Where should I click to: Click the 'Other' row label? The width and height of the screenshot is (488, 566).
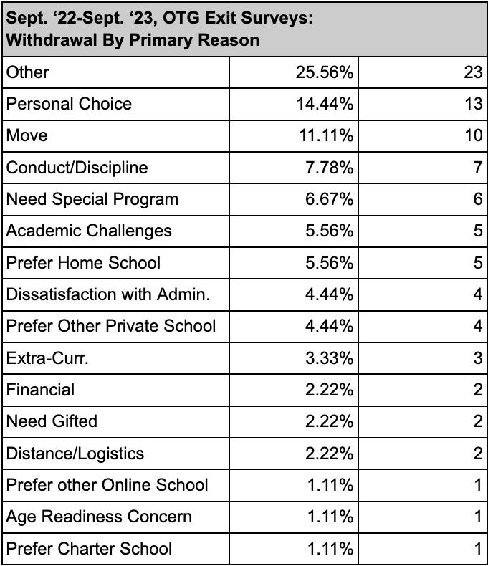28,72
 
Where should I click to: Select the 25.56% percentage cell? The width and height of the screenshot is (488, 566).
325,72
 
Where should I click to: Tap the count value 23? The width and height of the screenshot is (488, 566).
473,72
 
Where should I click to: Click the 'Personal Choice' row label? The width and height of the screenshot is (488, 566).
69,104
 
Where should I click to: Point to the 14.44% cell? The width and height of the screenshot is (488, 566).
325,104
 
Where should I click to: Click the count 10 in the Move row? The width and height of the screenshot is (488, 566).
473,135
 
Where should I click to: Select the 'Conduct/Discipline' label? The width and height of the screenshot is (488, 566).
77,168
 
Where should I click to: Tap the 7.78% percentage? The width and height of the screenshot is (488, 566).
330,168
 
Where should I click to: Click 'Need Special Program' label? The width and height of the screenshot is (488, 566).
92,199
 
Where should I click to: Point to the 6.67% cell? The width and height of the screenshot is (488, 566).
330,199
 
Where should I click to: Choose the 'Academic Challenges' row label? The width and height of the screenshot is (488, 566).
89,231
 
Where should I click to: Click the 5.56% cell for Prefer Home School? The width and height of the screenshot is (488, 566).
330,263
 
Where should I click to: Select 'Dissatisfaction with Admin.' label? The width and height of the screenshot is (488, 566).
107,294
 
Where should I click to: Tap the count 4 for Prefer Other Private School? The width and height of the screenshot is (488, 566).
478,326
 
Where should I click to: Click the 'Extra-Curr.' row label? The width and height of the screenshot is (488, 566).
47,358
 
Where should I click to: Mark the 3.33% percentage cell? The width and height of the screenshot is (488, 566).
330,358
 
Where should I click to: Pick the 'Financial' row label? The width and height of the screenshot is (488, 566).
40,390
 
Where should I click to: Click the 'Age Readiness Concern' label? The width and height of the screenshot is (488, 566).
99,517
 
